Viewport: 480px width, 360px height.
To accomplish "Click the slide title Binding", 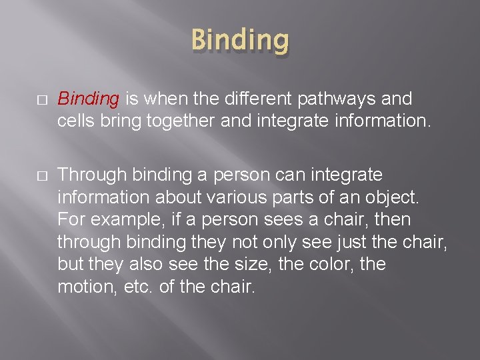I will click(x=240, y=40).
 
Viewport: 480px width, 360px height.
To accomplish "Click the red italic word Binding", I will click(x=88, y=99).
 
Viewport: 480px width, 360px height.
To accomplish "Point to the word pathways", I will click(x=341, y=99).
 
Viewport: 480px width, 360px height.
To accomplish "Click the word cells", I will click(x=75, y=122).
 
